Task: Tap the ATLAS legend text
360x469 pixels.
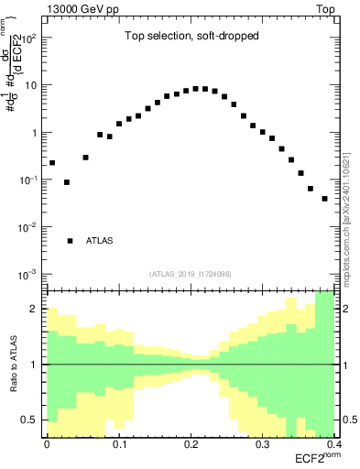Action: tap(100, 241)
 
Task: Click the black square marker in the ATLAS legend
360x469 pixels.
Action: tap(70, 241)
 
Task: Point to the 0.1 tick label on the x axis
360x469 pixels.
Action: tap(118, 443)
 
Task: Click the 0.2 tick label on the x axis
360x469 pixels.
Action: tap(191, 443)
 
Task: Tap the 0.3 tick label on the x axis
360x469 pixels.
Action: tap(262, 443)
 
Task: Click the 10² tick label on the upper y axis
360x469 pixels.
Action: tap(29, 38)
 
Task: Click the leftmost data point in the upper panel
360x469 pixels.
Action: tap(52, 162)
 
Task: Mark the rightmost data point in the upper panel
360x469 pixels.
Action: tap(324, 198)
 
